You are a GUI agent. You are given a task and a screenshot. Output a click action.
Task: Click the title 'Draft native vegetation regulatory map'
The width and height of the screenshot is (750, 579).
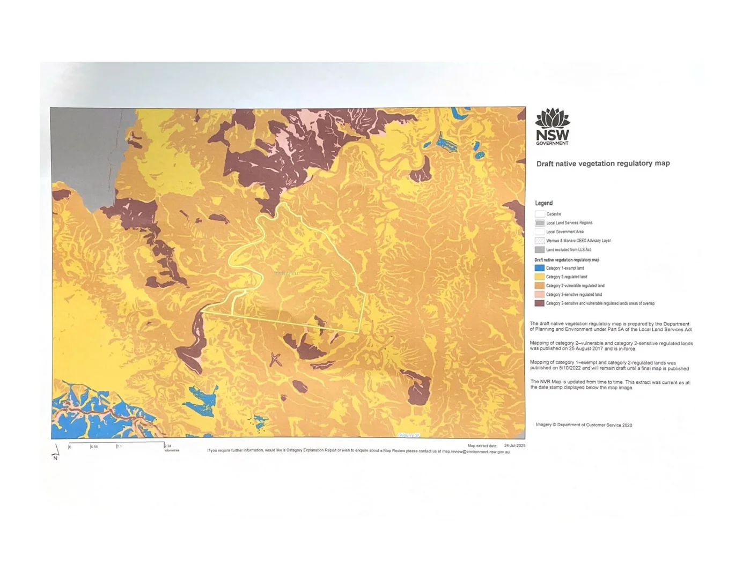[603, 164]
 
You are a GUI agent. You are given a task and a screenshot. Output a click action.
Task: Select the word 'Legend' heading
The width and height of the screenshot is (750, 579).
[543, 203]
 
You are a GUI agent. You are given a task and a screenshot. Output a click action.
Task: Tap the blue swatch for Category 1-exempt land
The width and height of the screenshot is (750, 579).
[539, 268]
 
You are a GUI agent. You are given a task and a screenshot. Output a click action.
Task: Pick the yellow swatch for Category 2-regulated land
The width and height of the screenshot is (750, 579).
[539, 277]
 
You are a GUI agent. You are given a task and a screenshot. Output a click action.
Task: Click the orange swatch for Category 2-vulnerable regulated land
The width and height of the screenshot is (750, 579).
[539, 286]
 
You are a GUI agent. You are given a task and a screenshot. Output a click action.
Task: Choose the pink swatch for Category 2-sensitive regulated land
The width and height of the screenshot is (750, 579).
[539, 294]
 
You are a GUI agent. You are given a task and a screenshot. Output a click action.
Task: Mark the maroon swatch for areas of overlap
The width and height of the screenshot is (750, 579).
[539, 303]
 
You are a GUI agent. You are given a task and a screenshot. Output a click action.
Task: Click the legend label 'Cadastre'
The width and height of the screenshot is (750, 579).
[554, 214]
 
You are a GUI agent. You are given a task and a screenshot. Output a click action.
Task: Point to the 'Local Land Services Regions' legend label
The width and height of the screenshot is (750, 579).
[569, 223]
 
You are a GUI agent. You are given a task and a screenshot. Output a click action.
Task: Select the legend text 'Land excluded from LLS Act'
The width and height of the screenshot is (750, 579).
[568, 250]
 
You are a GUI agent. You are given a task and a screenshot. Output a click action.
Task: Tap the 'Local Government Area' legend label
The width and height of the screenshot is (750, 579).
[565, 232]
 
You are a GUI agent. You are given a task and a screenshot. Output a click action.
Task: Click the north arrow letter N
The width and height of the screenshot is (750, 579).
[55, 458]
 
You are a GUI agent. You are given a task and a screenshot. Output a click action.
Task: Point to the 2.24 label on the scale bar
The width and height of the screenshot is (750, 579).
[168, 446]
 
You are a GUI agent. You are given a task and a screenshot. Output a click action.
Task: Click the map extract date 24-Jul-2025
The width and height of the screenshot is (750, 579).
[514, 446]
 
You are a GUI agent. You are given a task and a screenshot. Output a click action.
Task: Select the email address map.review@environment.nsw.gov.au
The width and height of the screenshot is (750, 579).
[476, 452]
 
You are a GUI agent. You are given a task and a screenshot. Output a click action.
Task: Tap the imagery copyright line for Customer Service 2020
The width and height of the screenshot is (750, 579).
[584, 425]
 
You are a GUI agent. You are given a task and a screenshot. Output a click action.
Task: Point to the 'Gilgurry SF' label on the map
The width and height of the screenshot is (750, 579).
[409, 435]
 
